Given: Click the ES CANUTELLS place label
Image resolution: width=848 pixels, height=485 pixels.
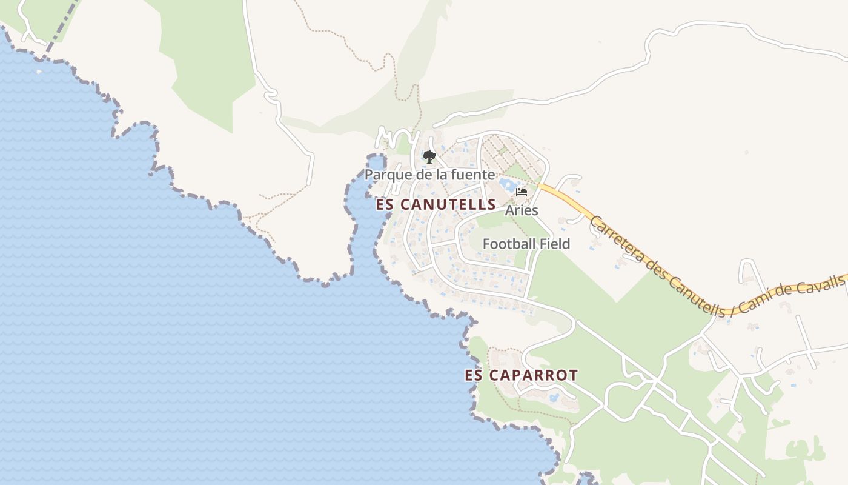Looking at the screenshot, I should pyautogui.click(x=436, y=204).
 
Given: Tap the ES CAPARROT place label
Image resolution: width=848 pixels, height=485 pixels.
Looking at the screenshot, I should pyautogui.click(x=521, y=375).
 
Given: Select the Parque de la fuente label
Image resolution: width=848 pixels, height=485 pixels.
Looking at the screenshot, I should pyautogui.click(x=429, y=175).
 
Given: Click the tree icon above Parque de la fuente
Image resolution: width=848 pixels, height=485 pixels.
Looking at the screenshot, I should pyautogui.click(x=429, y=157).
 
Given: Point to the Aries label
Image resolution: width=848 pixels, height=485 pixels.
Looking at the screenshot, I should pyautogui.click(x=522, y=210).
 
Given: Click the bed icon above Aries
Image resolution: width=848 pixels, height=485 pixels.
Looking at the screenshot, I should pyautogui.click(x=522, y=193).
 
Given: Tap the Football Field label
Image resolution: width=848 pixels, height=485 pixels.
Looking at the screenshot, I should pyautogui.click(x=526, y=244).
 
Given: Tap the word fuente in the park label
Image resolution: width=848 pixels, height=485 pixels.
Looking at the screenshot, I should pyautogui.click(x=473, y=175).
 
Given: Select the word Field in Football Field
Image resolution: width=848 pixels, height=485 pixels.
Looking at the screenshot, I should pyautogui.click(x=555, y=244).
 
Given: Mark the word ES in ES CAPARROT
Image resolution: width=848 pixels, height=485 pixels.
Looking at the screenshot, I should pyautogui.click(x=473, y=375).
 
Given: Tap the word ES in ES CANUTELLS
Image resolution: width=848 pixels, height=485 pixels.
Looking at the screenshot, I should pyautogui.click(x=384, y=204).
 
